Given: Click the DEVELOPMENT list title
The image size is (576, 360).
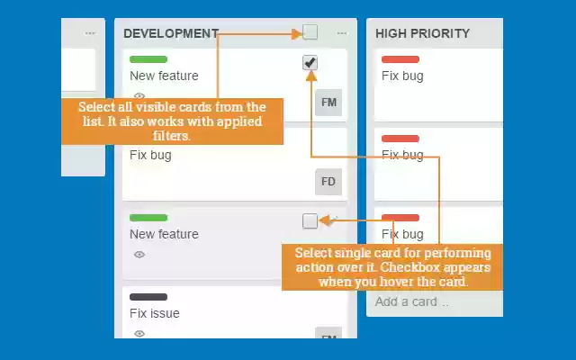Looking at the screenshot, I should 171,33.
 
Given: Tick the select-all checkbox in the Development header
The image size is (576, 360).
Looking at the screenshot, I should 310,32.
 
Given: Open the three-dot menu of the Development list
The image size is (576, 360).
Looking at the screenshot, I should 342,33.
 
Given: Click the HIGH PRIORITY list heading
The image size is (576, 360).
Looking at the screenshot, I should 422,33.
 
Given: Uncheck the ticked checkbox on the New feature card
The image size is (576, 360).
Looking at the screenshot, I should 310,62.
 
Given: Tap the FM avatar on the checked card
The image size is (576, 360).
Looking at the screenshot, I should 328,103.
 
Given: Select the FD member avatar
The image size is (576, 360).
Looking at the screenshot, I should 328,182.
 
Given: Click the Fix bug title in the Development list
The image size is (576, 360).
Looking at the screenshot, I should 150,155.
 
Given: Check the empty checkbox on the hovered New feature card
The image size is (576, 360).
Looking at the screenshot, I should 310,220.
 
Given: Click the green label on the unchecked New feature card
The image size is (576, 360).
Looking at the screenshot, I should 148,218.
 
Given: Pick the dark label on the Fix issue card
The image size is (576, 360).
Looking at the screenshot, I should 148,297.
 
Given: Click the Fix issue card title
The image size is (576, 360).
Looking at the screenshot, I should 155,313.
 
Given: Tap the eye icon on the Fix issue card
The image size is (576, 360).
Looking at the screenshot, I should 139,334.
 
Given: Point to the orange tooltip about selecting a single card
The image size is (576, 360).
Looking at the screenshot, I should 392,267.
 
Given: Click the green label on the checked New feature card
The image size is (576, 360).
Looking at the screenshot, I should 148,59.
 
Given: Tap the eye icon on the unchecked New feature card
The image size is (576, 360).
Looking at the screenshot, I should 139,255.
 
